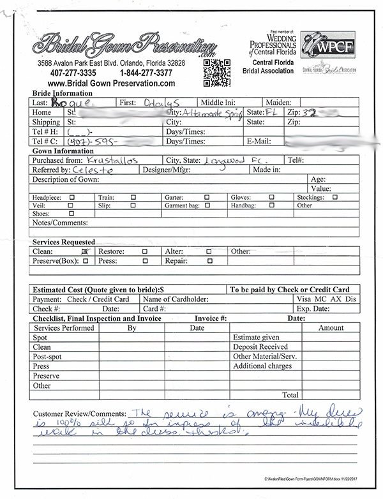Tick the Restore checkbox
click(x=146, y=252)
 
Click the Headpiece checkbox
click(x=71, y=198)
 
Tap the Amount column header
click(x=331, y=328)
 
